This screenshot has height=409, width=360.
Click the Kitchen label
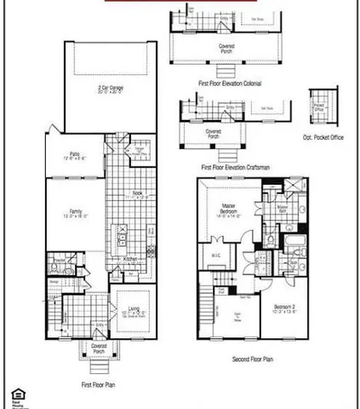pos(130,259)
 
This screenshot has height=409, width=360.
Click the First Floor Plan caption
pos(98,384)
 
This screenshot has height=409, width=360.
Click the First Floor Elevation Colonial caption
pos(229,83)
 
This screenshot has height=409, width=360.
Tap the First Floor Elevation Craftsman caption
pos(235,168)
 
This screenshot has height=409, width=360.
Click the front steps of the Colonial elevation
pos(228,65)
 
